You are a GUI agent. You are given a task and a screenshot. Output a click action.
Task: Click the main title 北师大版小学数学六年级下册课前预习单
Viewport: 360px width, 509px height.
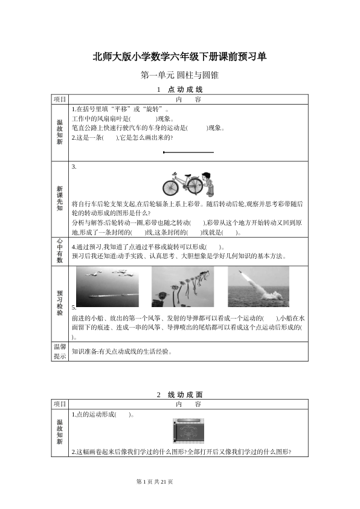[179, 56]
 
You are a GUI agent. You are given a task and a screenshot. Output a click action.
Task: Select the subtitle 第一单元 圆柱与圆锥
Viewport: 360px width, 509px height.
[179, 76]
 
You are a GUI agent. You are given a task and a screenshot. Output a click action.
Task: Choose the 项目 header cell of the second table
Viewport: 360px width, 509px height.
[59, 404]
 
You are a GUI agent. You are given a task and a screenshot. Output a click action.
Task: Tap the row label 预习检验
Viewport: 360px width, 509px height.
[59, 300]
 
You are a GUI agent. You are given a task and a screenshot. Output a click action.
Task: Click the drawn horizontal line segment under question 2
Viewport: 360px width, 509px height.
[188, 152]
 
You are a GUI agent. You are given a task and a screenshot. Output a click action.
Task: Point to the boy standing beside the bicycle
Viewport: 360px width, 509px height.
[207, 182]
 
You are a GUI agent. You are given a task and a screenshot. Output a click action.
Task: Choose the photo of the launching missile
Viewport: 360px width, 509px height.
[258, 287]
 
